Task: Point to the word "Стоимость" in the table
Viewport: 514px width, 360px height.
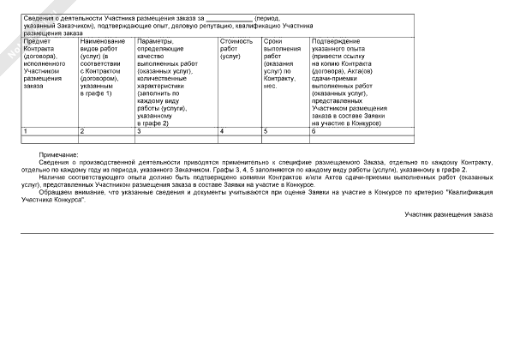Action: pyautogui.click(x=236, y=41)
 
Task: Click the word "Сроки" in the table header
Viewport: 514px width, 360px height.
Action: pyautogui.click(x=273, y=41)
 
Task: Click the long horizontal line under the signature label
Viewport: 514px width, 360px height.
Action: pyautogui.click(x=257, y=231)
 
